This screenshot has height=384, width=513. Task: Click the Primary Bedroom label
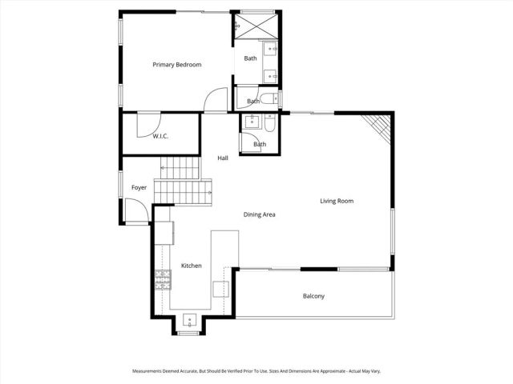tap(177, 64)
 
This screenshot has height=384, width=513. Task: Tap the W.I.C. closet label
tap(161, 137)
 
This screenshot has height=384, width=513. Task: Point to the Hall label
tap(223, 158)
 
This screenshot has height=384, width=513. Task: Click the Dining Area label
tap(260, 214)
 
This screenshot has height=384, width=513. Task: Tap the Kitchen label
tap(191, 266)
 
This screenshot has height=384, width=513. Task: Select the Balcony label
tap(313, 296)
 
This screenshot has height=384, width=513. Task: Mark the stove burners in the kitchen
tap(163, 278)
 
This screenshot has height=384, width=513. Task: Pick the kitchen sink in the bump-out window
tap(190, 320)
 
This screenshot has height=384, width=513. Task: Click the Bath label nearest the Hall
tap(260, 144)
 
